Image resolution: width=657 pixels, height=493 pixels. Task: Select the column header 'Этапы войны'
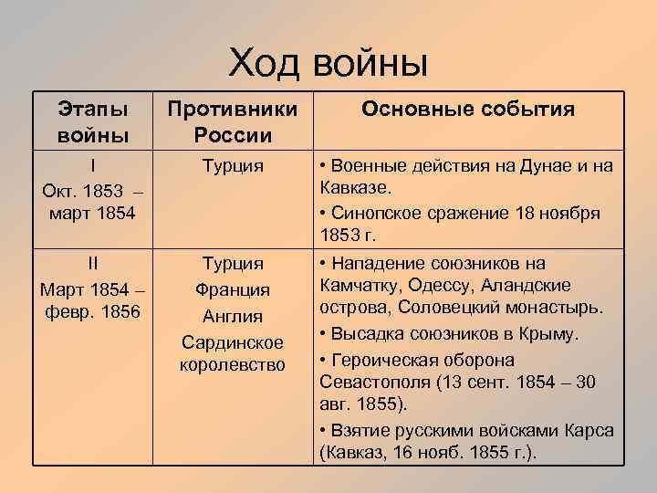tap(93, 122)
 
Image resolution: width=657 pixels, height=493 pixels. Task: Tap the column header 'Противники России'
tap(233, 122)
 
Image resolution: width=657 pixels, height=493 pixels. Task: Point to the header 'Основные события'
tap(468, 110)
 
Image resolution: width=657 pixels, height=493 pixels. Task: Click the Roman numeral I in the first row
tap(93, 166)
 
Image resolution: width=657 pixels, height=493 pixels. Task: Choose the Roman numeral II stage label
tap(93, 263)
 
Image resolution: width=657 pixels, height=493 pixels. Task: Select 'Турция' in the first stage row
tap(233, 166)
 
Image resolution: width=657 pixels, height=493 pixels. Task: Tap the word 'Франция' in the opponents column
tap(233, 290)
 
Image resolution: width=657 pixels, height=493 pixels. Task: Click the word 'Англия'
tap(233, 317)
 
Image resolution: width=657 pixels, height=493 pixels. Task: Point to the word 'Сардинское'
tap(233, 342)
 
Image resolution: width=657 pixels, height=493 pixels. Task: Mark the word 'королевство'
tap(233, 364)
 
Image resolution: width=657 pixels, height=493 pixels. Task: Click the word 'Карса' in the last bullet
tap(592, 429)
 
